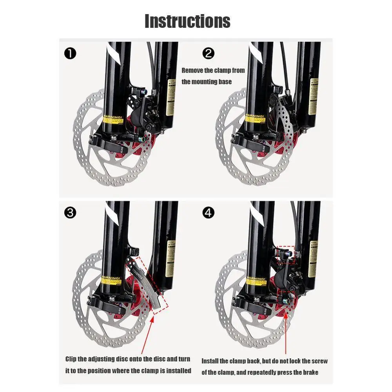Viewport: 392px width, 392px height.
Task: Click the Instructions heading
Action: coord(187,21)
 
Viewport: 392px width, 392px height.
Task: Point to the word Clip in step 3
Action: coord(71,359)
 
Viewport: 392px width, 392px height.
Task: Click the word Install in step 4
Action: coord(211,361)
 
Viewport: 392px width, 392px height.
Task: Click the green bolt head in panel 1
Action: coord(144,138)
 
